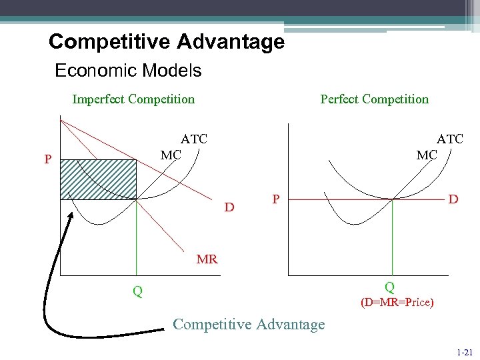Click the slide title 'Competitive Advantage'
click(x=167, y=42)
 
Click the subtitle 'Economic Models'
click(x=128, y=70)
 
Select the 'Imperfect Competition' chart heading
click(x=133, y=99)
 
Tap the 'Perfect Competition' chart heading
click(x=374, y=99)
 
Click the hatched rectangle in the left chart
click(x=98, y=179)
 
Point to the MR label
click(x=207, y=259)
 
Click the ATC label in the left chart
click(x=194, y=139)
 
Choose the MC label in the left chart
click(x=171, y=155)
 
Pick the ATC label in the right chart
click(x=449, y=139)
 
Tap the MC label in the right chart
click(x=427, y=155)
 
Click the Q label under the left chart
click(x=137, y=291)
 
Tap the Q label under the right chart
click(x=389, y=287)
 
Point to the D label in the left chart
click(x=229, y=207)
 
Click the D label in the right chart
click(x=453, y=199)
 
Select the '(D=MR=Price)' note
click(x=397, y=303)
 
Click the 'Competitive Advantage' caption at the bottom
click(x=249, y=325)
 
